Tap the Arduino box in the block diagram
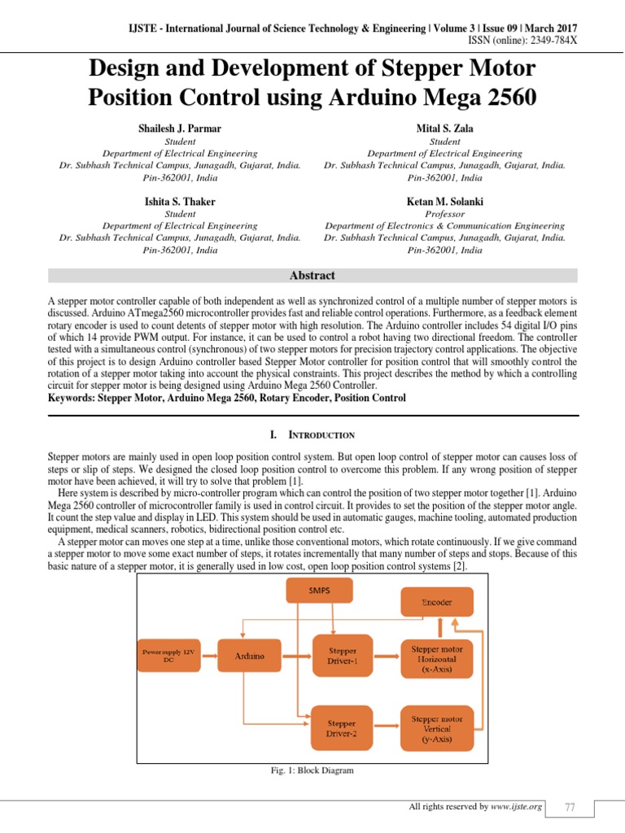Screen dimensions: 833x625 click(249, 656)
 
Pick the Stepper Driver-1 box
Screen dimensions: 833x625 click(341, 656)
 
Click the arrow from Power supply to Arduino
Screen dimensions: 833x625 click(209, 656)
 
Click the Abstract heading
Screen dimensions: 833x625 click(312, 276)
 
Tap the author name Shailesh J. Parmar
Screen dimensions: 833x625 click(181, 129)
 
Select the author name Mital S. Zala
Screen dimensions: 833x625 click(444, 129)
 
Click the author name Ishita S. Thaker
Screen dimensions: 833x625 click(181, 201)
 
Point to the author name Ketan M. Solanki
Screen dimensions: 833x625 click(444, 201)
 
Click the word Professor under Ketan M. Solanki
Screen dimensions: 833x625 click(444, 214)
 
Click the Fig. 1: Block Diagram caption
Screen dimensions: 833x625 click(313, 770)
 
